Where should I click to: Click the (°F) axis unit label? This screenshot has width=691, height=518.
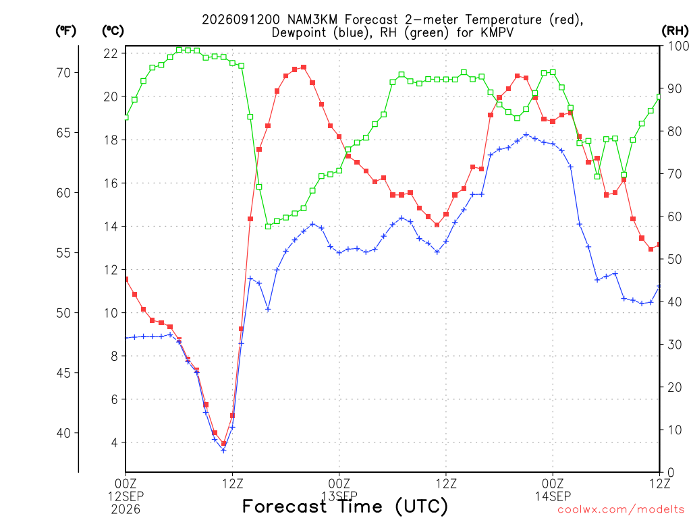point(65,31)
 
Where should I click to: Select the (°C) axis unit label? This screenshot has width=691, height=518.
point(113,31)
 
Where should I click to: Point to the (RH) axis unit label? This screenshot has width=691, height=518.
point(675,31)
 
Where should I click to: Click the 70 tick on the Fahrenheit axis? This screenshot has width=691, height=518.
point(64,73)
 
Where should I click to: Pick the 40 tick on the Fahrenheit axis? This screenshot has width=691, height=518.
point(64,433)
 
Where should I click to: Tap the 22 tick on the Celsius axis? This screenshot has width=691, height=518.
point(111,54)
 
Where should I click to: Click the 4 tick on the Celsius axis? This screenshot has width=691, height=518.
point(115,442)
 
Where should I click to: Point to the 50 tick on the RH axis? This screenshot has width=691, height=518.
point(674,259)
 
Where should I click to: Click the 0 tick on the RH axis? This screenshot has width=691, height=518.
point(671,473)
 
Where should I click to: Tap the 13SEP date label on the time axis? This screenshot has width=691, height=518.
point(339,496)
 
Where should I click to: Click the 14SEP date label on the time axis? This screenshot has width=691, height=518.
point(553,496)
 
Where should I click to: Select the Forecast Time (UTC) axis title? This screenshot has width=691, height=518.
point(345,507)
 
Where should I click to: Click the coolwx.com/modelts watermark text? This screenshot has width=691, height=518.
point(624,510)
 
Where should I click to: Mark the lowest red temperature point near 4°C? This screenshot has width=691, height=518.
point(223,444)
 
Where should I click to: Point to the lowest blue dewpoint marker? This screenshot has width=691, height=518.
point(223,451)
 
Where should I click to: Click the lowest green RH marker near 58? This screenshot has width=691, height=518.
point(268,227)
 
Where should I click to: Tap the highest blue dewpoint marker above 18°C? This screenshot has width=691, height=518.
point(526,134)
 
